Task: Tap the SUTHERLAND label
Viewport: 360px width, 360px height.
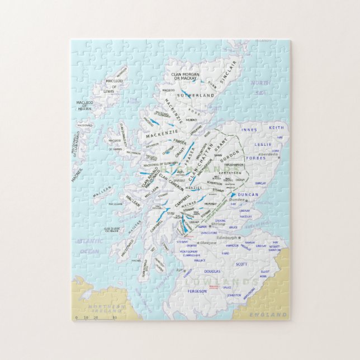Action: point(196,96)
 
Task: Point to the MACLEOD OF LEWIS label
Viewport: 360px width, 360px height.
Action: point(113,87)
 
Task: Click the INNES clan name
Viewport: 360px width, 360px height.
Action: point(249,130)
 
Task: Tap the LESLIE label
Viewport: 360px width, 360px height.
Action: point(263,144)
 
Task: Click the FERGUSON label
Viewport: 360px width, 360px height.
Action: point(197,291)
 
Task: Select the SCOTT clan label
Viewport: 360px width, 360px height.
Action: point(241,264)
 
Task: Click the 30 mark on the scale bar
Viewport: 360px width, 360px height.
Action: point(114,318)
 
